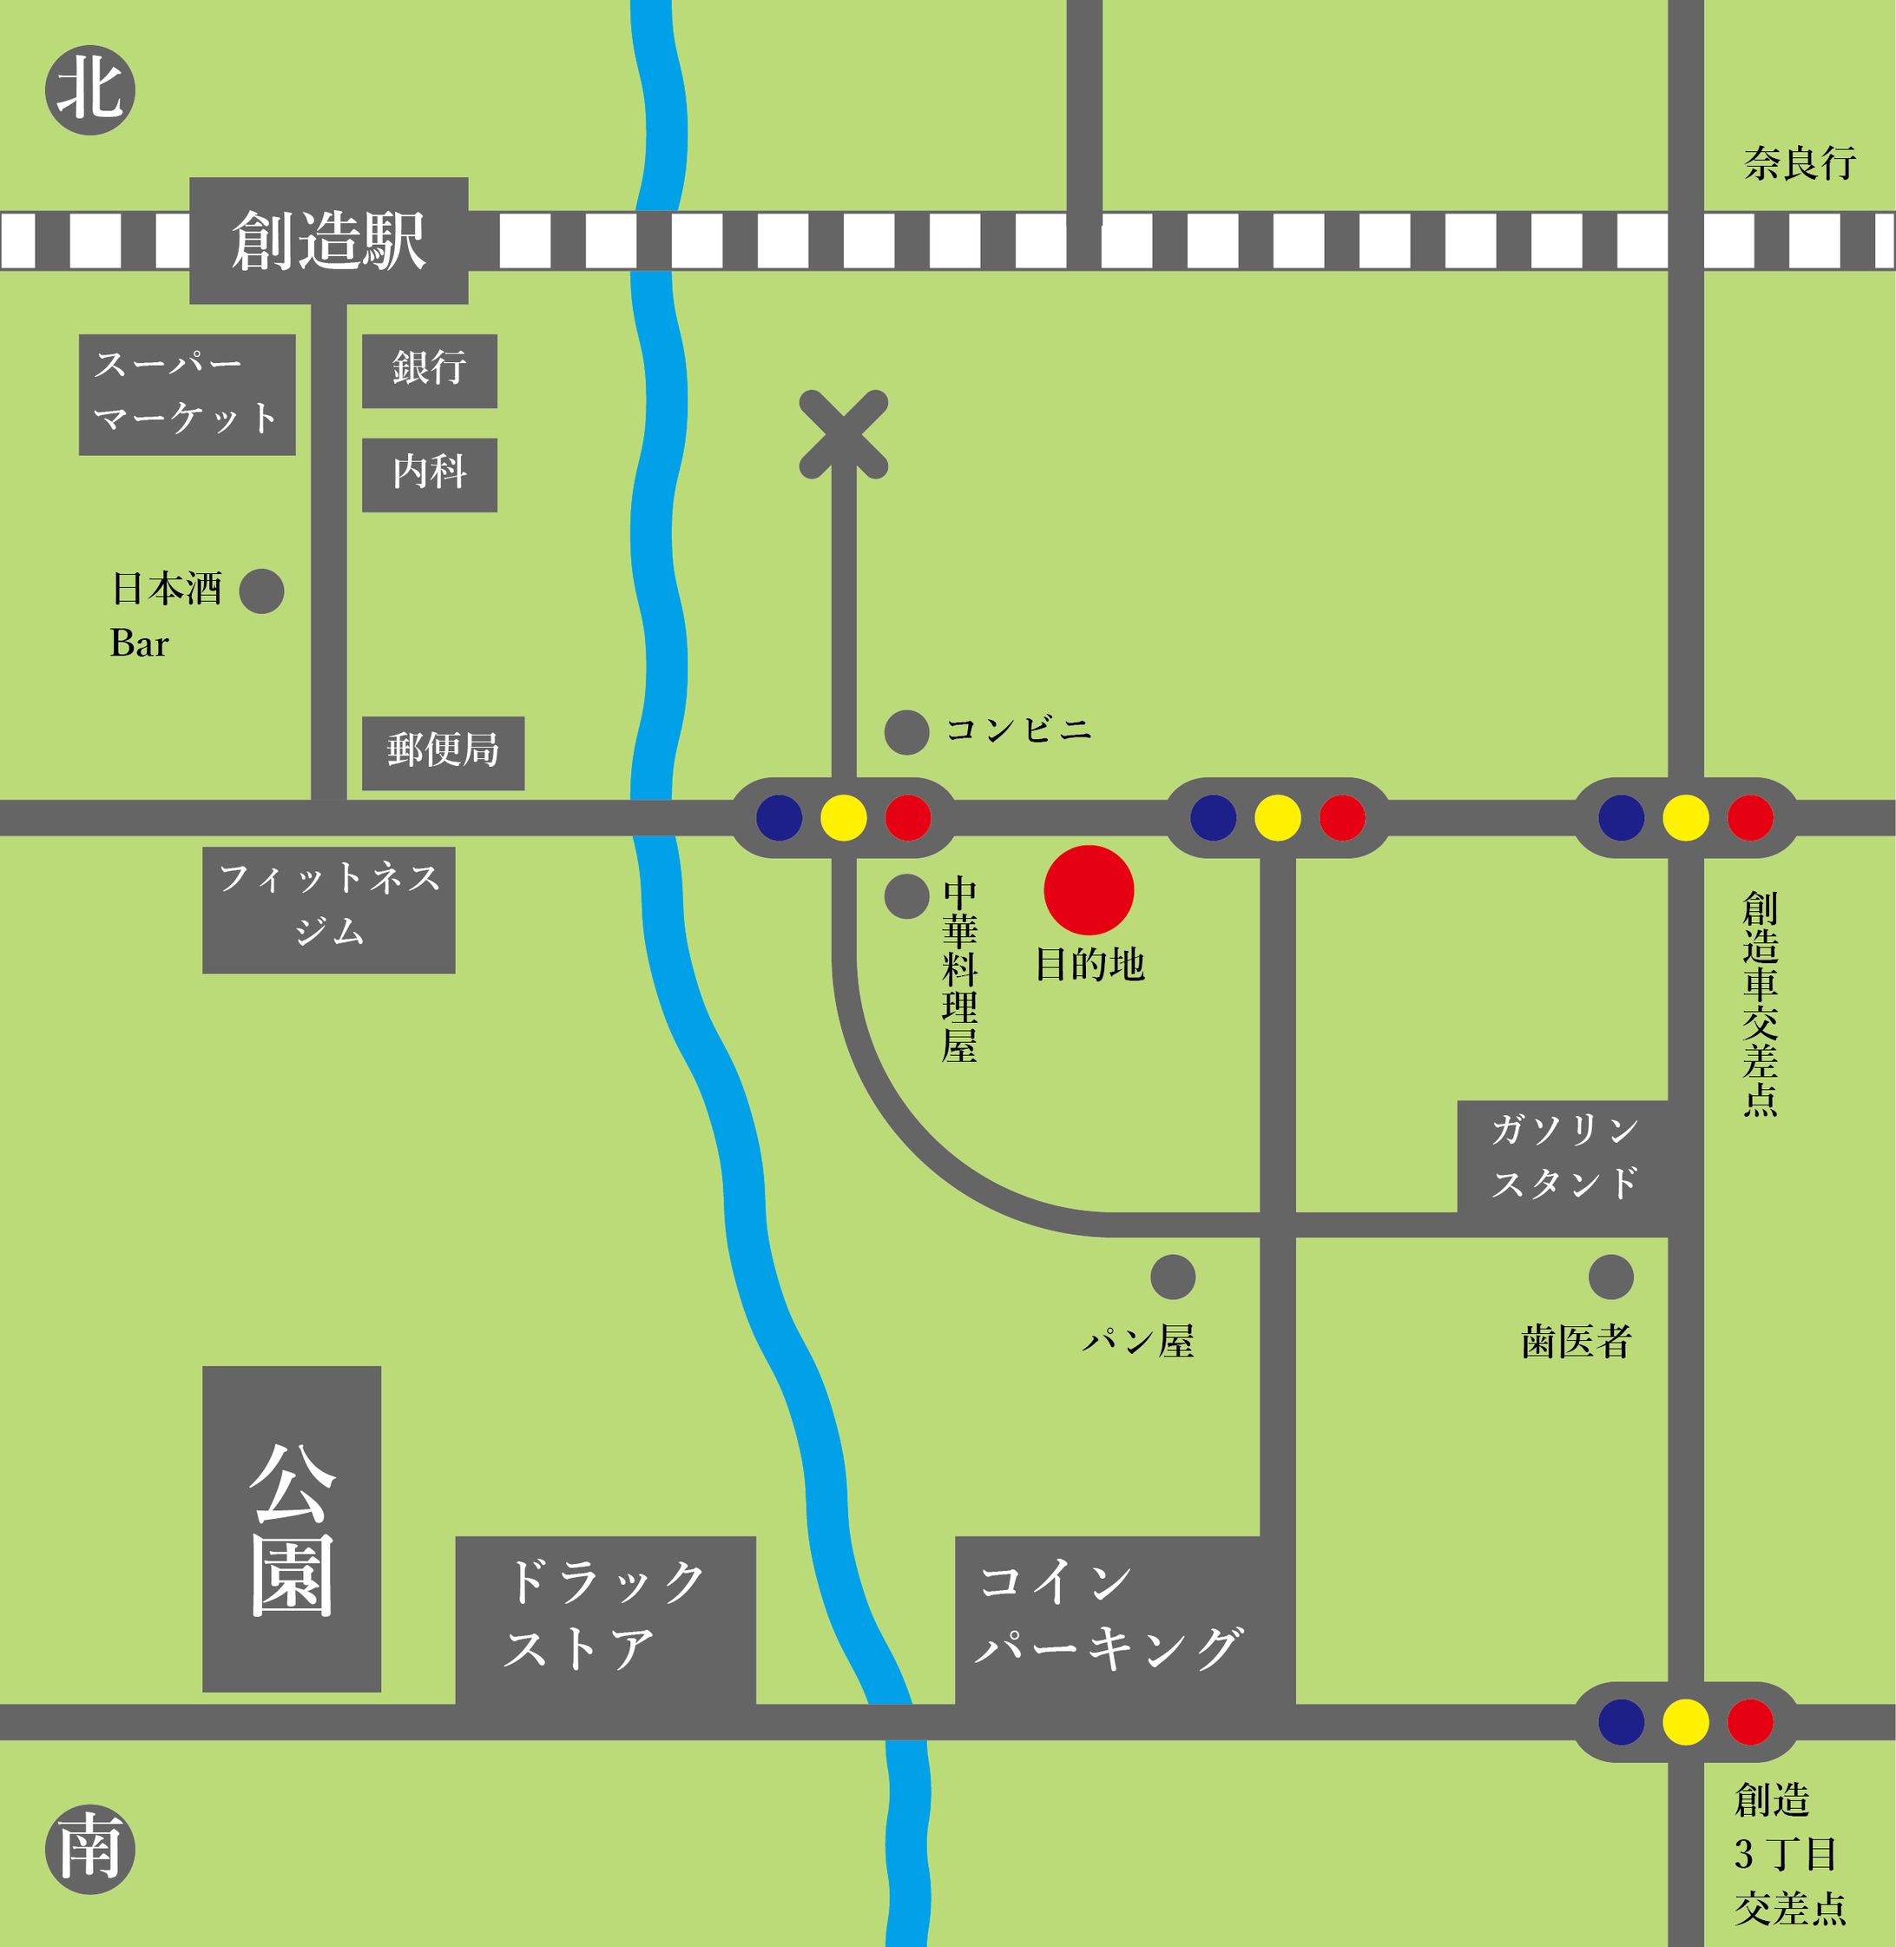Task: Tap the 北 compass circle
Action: (89, 89)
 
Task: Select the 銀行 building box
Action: (429, 371)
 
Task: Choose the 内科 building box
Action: (429, 474)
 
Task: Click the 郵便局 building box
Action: (442, 753)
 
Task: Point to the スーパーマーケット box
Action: (188, 394)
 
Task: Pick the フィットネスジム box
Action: (329, 909)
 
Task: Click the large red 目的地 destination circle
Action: (1089, 889)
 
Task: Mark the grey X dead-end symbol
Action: (844, 434)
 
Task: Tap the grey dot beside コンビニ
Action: (906, 732)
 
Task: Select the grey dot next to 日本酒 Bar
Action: (262, 591)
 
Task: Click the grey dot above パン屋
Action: (1172, 1277)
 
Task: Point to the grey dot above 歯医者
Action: (1610, 1277)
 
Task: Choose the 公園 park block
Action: (292, 1529)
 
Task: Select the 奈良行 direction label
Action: (1800, 163)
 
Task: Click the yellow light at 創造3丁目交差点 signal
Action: (1685, 1722)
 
